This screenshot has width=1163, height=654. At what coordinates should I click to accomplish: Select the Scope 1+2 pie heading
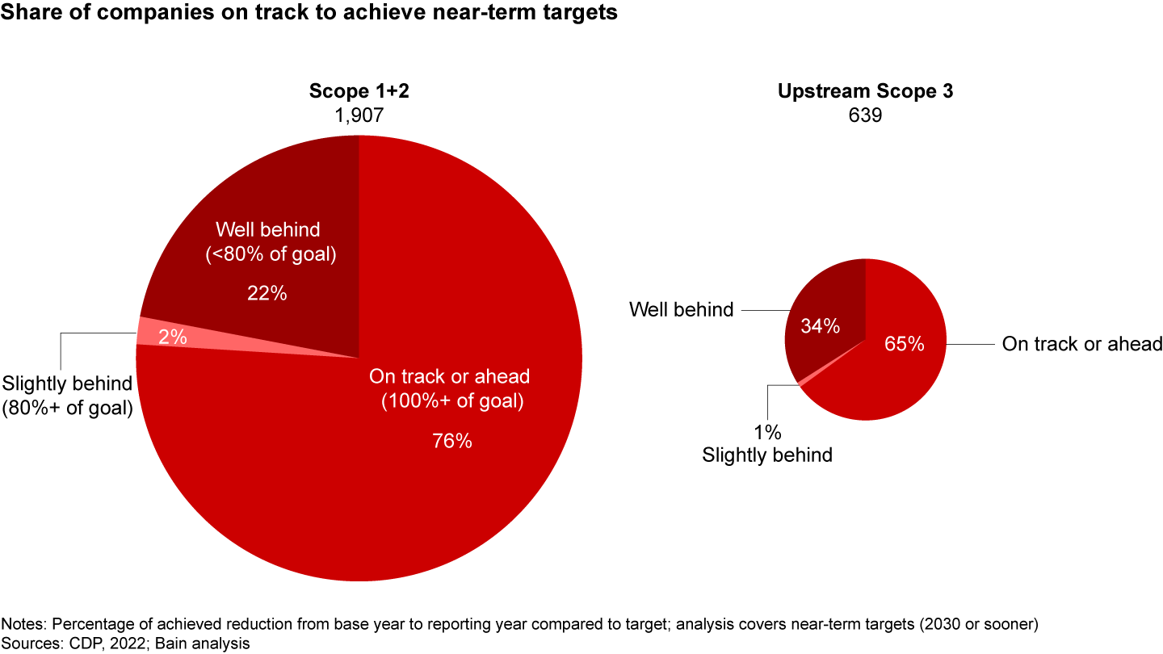pyautogui.click(x=359, y=91)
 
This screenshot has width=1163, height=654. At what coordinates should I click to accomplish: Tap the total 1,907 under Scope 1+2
pyautogui.click(x=359, y=115)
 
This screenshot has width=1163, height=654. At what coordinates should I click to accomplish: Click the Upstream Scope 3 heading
pyautogui.click(x=865, y=91)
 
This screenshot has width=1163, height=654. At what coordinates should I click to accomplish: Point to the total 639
pyautogui.click(x=865, y=115)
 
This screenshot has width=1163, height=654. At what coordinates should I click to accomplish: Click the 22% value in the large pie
pyautogui.click(x=267, y=294)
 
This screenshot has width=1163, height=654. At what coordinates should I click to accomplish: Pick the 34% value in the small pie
pyautogui.click(x=820, y=326)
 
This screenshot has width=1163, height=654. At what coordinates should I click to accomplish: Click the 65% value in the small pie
pyautogui.click(x=905, y=344)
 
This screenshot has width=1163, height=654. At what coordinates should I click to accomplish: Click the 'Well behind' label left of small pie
pyautogui.click(x=682, y=308)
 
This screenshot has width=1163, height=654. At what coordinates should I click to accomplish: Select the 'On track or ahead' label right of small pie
pyautogui.click(x=1081, y=344)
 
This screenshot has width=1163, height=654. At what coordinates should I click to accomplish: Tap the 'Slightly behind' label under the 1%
pyautogui.click(x=766, y=455)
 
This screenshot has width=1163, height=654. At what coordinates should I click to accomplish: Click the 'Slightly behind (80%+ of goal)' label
pyautogui.click(x=68, y=396)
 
